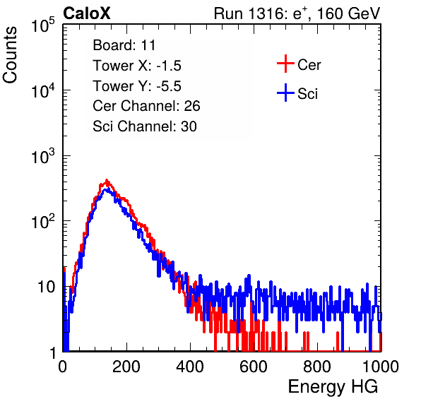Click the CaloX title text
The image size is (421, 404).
[x=87, y=13]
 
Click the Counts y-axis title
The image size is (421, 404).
[x=10, y=55]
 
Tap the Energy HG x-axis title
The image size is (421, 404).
[x=333, y=387]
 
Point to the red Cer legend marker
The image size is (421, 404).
[x=285, y=64]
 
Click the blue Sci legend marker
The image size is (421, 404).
[x=285, y=93]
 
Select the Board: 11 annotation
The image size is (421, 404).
[x=124, y=45]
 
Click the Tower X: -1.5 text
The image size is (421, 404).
[x=137, y=66]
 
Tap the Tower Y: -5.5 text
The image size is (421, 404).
[x=137, y=86]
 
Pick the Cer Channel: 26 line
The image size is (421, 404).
[x=146, y=106]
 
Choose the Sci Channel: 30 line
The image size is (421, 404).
[x=145, y=126]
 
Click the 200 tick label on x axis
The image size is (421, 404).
[x=126, y=367]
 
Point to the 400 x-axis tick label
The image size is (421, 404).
[x=190, y=367]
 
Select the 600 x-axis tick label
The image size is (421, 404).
[x=254, y=367]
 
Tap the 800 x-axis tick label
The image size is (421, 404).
[x=317, y=367]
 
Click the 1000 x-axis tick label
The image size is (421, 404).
[x=381, y=367]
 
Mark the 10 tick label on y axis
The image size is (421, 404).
[x=47, y=287]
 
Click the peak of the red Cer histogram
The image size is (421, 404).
[x=107, y=180]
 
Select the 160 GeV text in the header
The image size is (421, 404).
[x=348, y=13]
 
